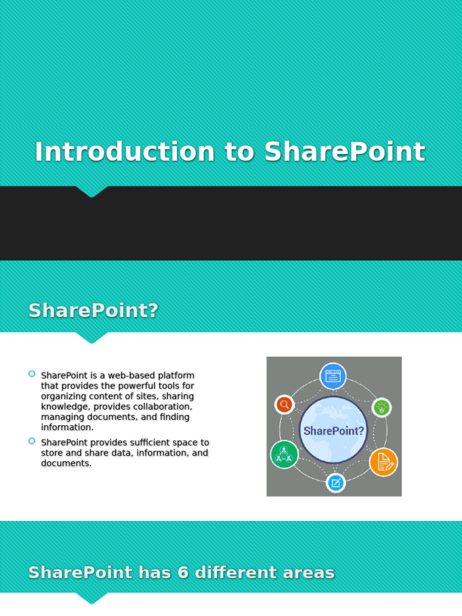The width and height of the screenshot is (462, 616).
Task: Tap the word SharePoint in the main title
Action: [345, 152]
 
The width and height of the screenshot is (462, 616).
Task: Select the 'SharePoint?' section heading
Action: [93, 310]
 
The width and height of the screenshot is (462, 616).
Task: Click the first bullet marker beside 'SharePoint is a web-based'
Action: [32, 374]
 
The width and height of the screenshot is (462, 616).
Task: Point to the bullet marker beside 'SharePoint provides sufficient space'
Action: [32, 441]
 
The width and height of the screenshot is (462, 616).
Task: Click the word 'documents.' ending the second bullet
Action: [66, 463]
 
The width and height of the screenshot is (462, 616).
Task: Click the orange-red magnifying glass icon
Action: [285, 404]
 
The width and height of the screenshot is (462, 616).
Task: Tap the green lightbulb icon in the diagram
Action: [381, 407]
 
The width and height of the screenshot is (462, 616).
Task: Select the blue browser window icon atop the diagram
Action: [333, 376]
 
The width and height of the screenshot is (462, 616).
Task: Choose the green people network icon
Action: [284, 454]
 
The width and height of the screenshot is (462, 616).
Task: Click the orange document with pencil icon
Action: [383, 462]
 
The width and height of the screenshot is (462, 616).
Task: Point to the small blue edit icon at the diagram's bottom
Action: [336, 482]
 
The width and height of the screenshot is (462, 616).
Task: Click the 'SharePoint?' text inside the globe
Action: [333, 431]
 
